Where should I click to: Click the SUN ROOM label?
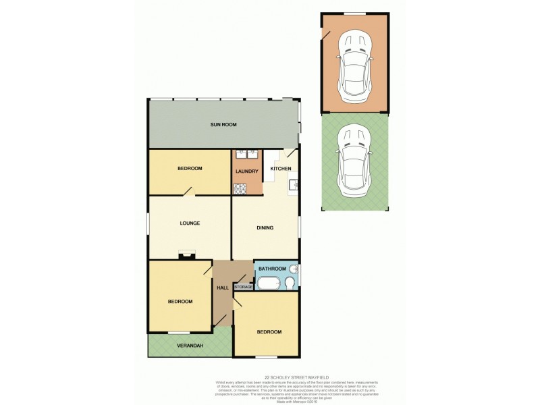click(x=223, y=125)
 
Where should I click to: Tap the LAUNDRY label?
click(x=246, y=171)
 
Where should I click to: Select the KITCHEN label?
click(x=281, y=168)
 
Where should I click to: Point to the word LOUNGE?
click(x=190, y=223)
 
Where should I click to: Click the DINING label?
click(x=265, y=227)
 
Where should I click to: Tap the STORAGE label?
click(x=244, y=287)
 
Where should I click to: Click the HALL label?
click(x=222, y=288)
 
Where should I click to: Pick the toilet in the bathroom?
click(x=290, y=283)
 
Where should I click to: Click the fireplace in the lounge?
click(x=187, y=254)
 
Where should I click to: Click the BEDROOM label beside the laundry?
click(x=190, y=168)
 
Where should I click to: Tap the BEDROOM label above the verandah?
click(x=180, y=301)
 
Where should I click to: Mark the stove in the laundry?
click(x=240, y=190)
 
